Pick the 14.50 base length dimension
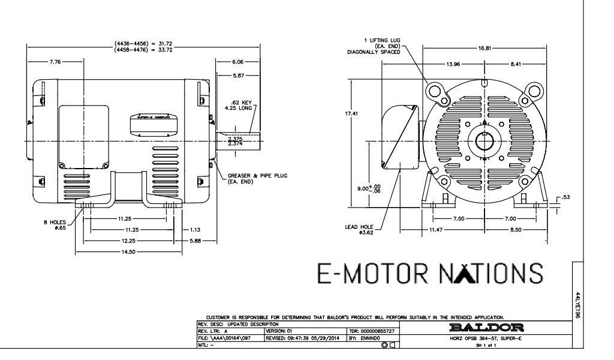click(128, 252)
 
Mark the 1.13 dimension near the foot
click(195, 229)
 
